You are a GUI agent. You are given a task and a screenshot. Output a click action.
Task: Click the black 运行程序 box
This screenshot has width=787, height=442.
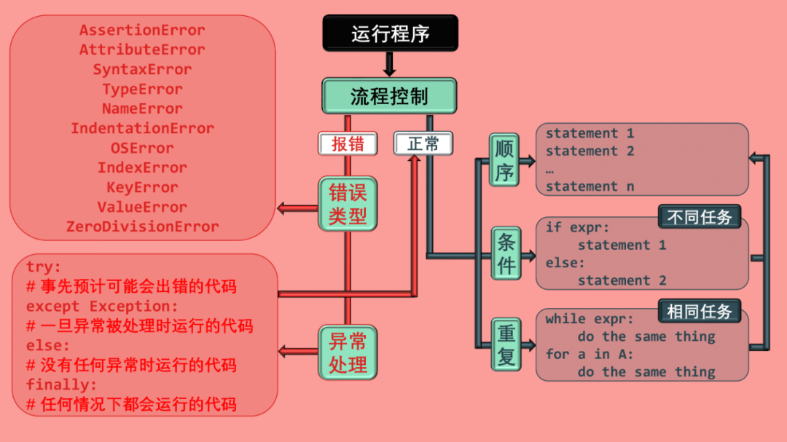tap(390, 33)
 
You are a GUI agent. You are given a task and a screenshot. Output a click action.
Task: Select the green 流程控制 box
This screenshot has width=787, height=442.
tap(389, 96)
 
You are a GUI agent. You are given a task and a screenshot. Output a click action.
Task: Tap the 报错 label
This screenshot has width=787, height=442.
tap(348, 143)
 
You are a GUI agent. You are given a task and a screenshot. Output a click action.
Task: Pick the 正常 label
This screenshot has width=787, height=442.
tap(423, 143)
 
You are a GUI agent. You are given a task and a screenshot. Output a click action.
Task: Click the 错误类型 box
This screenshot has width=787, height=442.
tap(348, 205)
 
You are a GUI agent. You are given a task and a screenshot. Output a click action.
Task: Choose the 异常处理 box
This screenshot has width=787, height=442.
tap(348, 352)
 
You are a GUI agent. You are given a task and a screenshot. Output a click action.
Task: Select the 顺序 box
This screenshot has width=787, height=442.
tap(504, 160)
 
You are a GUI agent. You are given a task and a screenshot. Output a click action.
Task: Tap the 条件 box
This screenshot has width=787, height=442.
tap(506, 253)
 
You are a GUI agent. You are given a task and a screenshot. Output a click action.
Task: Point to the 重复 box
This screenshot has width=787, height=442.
tap(506, 344)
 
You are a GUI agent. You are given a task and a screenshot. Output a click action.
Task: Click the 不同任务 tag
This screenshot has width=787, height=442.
tap(700, 217)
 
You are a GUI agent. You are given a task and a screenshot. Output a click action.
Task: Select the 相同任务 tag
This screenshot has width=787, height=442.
tap(700, 312)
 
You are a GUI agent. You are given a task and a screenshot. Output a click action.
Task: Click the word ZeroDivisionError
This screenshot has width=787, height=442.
tap(142, 226)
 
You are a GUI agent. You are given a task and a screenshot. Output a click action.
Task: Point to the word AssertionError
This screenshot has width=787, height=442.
tap(142, 31)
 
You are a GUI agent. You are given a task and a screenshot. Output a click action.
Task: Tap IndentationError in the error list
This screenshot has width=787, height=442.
tap(142, 128)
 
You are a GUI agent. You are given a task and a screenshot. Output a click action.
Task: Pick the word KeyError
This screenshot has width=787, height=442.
tap(142, 187)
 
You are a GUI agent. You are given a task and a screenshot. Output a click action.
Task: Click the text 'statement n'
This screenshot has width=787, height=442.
tap(590, 186)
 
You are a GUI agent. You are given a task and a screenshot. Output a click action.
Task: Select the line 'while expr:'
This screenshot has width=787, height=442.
tap(590, 319)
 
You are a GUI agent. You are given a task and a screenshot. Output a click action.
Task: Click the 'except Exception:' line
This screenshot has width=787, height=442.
tap(101, 306)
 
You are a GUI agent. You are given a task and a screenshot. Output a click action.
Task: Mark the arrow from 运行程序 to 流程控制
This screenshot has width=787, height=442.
tap(389, 64)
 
